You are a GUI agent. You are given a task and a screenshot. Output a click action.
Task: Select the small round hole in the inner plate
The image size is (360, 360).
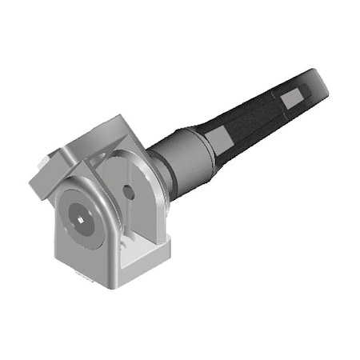point(128,192)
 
